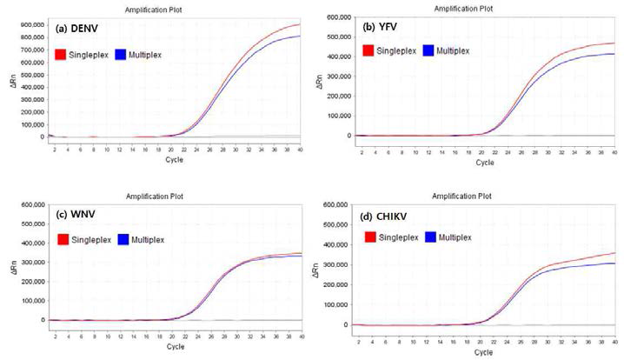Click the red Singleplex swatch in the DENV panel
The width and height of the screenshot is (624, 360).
tap(60, 54)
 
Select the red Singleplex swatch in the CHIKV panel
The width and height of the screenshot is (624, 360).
tap(371, 237)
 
